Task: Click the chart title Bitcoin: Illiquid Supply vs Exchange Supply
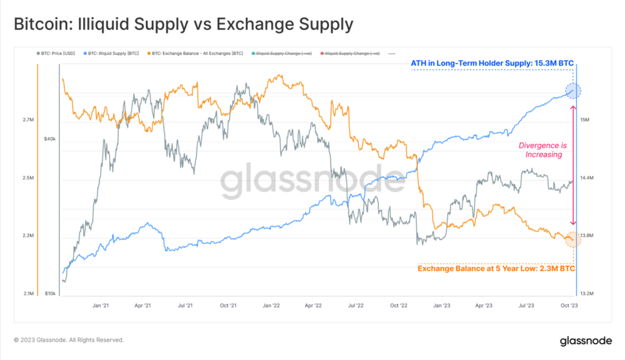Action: click(x=183, y=24)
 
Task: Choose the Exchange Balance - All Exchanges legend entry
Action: click(x=193, y=54)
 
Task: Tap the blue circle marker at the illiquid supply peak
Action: click(x=573, y=92)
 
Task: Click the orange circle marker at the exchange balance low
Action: click(x=573, y=240)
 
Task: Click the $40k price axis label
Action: click(x=49, y=139)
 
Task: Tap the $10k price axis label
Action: click(x=49, y=293)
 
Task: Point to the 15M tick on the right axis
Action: click(x=584, y=120)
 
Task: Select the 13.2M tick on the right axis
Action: click(x=587, y=293)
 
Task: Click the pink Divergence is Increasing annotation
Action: click(x=540, y=150)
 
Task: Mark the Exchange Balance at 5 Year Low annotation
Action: click(x=496, y=268)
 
